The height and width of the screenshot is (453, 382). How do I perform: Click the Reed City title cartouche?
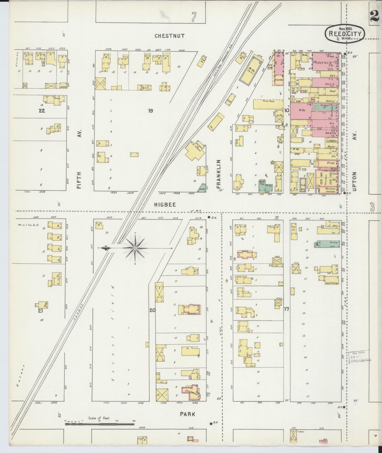[x=345, y=34]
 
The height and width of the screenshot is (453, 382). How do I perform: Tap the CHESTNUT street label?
[x=169, y=36]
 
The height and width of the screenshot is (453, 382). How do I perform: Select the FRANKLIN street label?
[x=219, y=174]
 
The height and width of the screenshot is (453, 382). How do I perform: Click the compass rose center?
[x=135, y=248]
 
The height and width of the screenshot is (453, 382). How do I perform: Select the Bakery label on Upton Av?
[x=330, y=101]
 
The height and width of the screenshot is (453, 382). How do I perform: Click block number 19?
[x=150, y=111]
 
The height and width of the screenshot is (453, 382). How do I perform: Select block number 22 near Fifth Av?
[x=42, y=111]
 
